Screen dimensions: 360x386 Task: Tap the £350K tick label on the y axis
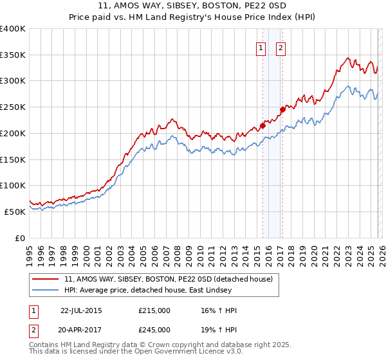click(x=13, y=55)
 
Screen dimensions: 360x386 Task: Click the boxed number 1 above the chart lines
click(x=261, y=47)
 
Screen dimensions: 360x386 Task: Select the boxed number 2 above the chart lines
click(x=281, y=47)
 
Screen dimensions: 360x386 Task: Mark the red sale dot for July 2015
click(x=262, y=125)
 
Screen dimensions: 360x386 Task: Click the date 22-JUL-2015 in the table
click(x=81, y=310)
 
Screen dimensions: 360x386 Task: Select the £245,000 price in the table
click(x=154, y=329)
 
